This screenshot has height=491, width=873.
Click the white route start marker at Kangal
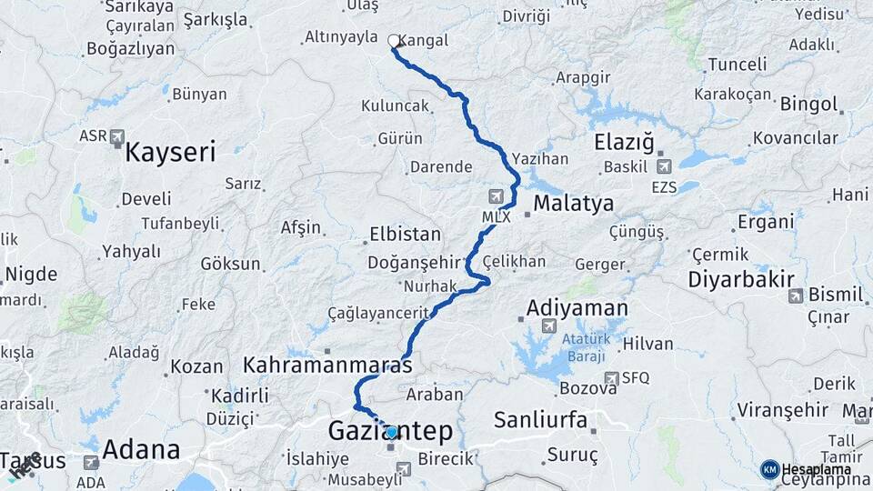pos(394,41)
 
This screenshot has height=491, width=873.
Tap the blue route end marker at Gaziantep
pos(391,433)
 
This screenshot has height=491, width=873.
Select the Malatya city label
pos(573,203)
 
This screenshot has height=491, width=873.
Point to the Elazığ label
pos(624,143)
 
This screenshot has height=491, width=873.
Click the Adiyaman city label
pos(577,308)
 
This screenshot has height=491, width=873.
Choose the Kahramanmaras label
pos(327,366)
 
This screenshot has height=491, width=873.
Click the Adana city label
pos(141,449)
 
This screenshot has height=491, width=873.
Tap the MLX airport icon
pos(496,196)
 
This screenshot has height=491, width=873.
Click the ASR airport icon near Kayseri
pos(116,136)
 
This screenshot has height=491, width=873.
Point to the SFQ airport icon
pos(611,378)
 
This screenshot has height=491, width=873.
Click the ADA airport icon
pos(91,463)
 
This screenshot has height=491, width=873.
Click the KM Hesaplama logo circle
pos(769,469)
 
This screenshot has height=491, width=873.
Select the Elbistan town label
pos(405,234)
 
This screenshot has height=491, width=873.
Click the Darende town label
pos(441,167)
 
